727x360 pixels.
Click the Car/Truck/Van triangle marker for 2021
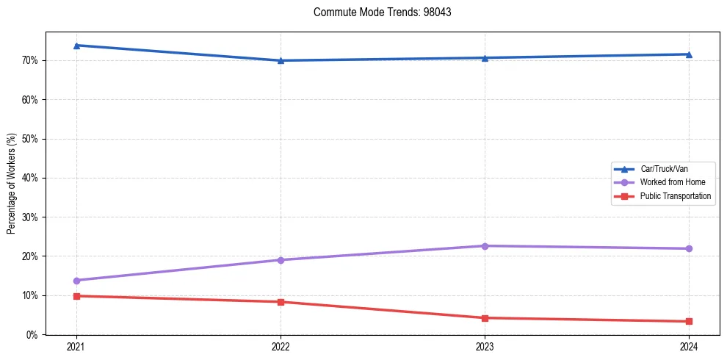(76, 46)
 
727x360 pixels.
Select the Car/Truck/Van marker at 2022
(281, 60)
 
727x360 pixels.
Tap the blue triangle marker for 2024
(689, 54)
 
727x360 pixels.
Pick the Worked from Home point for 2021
(76, 280)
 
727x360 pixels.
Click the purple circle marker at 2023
(485, 245)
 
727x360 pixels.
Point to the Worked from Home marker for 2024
(689, 248)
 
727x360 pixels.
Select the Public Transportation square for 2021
(76, 296)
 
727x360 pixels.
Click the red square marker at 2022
(281, 302)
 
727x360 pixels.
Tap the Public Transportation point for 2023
(485, 318)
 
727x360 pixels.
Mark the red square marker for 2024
(689, 321)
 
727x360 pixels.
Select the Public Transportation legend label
(675, 196)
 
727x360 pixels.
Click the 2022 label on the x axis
(281, 346)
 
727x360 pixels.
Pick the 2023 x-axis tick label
(485, 346)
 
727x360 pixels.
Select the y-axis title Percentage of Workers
(12, 184)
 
